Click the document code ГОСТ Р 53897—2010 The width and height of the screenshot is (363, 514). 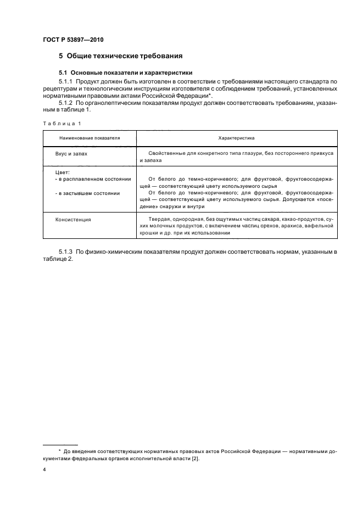[73, 40]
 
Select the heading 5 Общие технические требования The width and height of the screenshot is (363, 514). [121, 56]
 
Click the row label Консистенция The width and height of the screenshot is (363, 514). [72, 219]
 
